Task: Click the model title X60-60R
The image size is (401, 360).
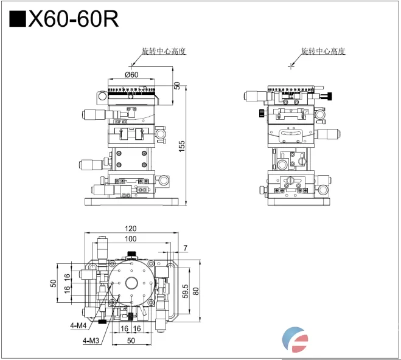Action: [x=72, y=20]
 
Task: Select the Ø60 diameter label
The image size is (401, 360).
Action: [x=131, y=74]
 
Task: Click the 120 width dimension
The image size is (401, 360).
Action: [x=131, y=229]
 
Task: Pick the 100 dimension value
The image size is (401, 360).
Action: [x=131, y=239]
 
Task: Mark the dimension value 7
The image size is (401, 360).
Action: [x=185, y=248]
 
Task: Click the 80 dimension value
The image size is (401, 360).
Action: [x=197, y=291]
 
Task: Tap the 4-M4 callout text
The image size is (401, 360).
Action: [x=78, y=325]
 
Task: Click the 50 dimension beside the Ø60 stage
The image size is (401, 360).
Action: [x=177, y=86]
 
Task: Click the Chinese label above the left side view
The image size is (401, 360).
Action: [x=163, y=51]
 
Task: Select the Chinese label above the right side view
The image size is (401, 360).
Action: [x=323, y=51]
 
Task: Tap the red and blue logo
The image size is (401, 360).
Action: [x=296, y=339]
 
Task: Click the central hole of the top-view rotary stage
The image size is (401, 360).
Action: [x=131, y=283]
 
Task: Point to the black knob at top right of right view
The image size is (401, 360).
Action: [x=329, y=95]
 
